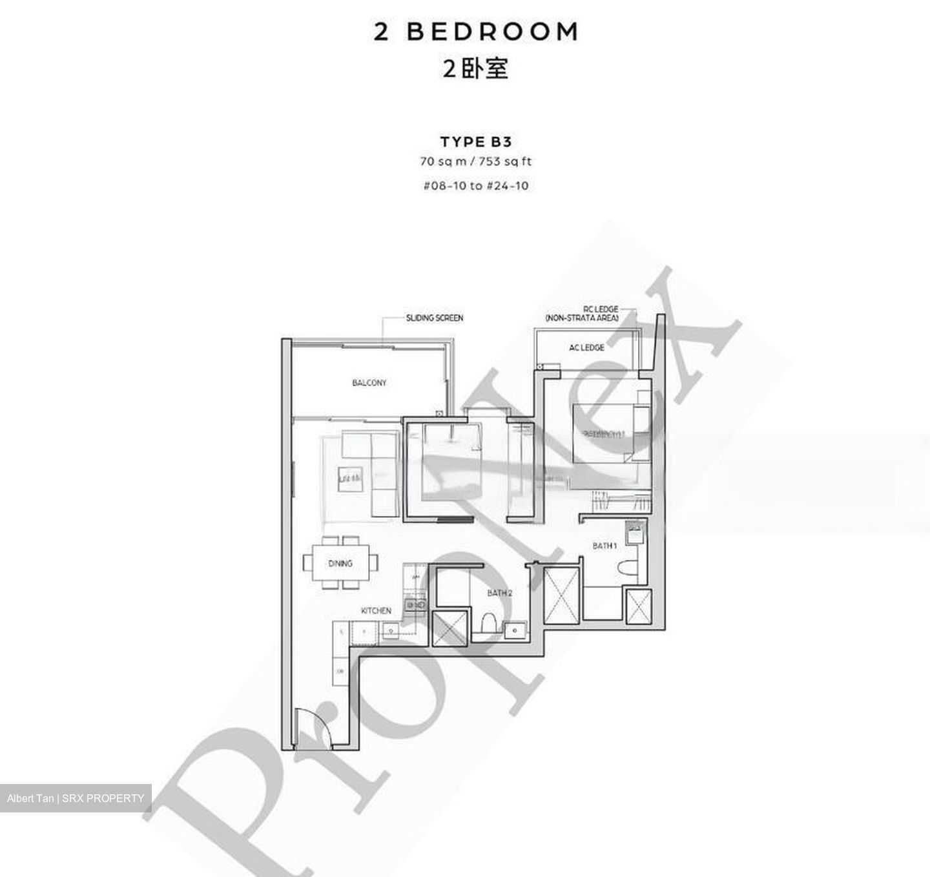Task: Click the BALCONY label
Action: [x=369, y=383]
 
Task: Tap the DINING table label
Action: [x=340, y=564]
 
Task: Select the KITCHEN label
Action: [x=376, y=610]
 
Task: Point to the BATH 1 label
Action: [x=605, y=546]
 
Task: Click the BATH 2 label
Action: [x=500, y=593]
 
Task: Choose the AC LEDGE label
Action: [x=586, y=347]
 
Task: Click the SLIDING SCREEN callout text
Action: [x=434, y=318]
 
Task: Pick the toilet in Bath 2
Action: [x=489, y=623]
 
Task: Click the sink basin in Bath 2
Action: [x=515, y=628]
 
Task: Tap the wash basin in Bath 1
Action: [x=635, y=533]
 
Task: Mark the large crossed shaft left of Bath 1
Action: [x=559, y=595]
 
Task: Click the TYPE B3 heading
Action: [x=476, y=142]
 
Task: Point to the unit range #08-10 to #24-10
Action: [x=476, y=186]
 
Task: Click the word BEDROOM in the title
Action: [x=492, y=32]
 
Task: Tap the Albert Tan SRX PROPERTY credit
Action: [x=76, y=798]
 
